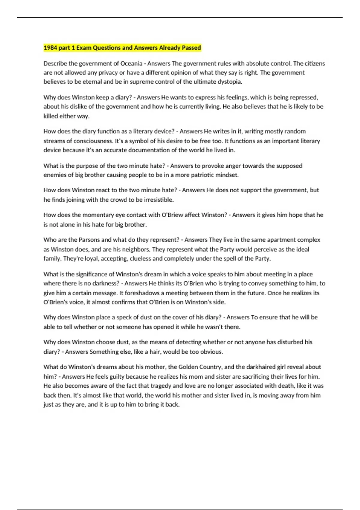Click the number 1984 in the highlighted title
click(50, 48)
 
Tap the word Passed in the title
click(191, 48)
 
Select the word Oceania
click(131, 63)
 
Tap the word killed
click(51, 116)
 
